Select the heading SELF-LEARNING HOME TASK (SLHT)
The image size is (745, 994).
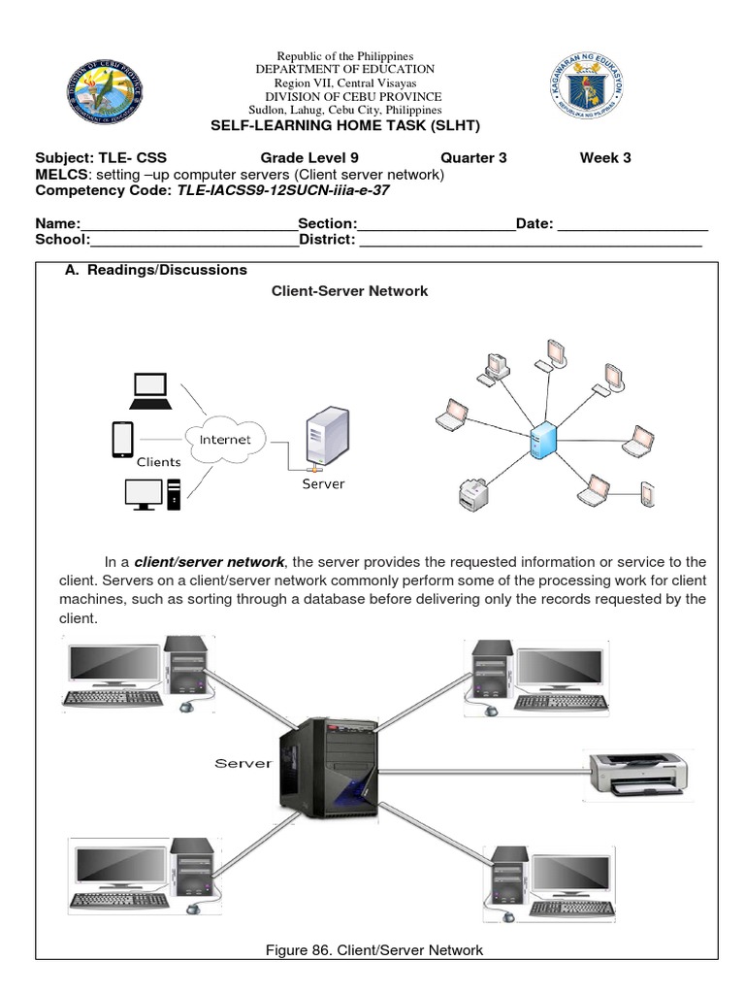[x=345, y=126]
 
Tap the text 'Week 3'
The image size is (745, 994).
[x=605, y=158]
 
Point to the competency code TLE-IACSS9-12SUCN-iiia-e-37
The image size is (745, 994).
[x=283, y=190]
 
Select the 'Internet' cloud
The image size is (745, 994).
[x=225, y=440]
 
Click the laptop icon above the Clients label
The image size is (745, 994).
[x=150, y=390]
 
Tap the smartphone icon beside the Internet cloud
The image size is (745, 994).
[x=122, y=439]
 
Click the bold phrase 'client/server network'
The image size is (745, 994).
[x=210, y=562]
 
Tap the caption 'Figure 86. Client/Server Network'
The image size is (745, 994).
[x=374, y=949]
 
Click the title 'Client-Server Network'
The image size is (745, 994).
[x=349, y=291]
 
